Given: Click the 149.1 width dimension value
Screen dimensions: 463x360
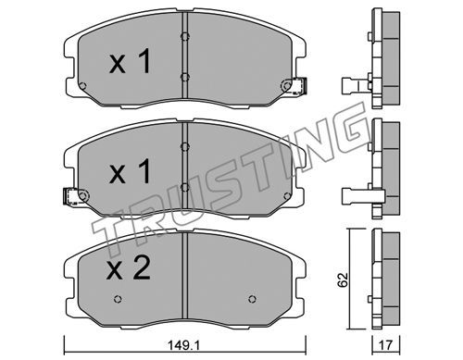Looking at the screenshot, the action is coord(184,345).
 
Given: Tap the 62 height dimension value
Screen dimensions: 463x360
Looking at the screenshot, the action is coord(343,280).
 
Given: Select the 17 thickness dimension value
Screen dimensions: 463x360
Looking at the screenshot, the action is coord(385,345).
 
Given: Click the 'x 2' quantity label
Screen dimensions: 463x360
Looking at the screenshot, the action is coord(128,268).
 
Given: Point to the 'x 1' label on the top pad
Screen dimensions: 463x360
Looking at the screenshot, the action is coord(130,61).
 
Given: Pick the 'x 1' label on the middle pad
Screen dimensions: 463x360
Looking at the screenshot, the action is coord(130,171).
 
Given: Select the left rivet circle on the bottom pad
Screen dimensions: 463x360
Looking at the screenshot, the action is coord(118,299).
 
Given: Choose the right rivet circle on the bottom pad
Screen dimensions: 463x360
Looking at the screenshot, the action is coord(252,299).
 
